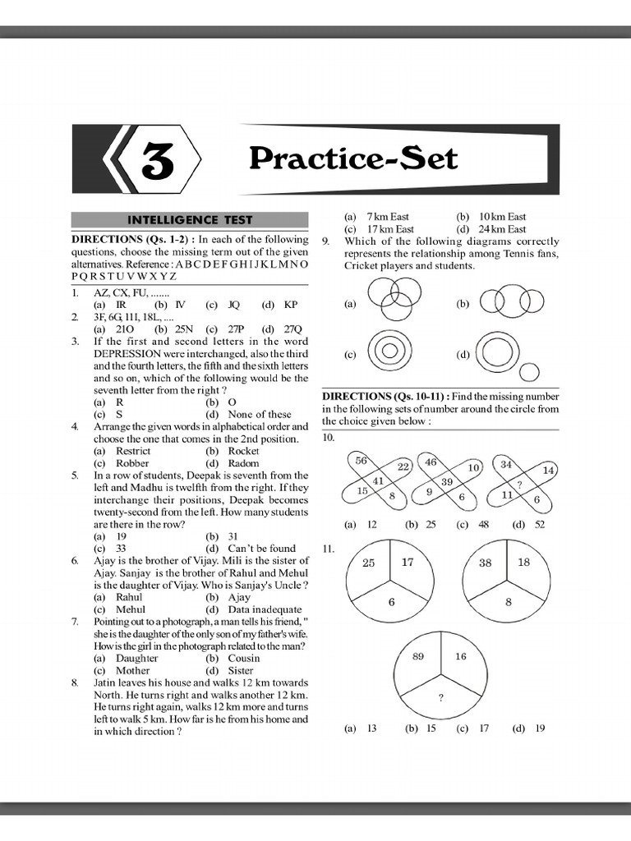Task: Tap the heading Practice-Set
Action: click(352, 158)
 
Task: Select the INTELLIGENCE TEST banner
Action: click(189, 220)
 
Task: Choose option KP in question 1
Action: click(291, 305)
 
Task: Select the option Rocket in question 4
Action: click(244, 451)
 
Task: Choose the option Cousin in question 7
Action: click(244, 658)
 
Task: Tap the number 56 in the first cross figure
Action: click(361, 462)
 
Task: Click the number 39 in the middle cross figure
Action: click(447, 481)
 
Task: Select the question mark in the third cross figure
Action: click(519, 485)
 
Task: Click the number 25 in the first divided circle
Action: click(369, 563)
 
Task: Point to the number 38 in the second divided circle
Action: click(486, 563)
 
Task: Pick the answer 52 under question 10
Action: click(540, 524)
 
